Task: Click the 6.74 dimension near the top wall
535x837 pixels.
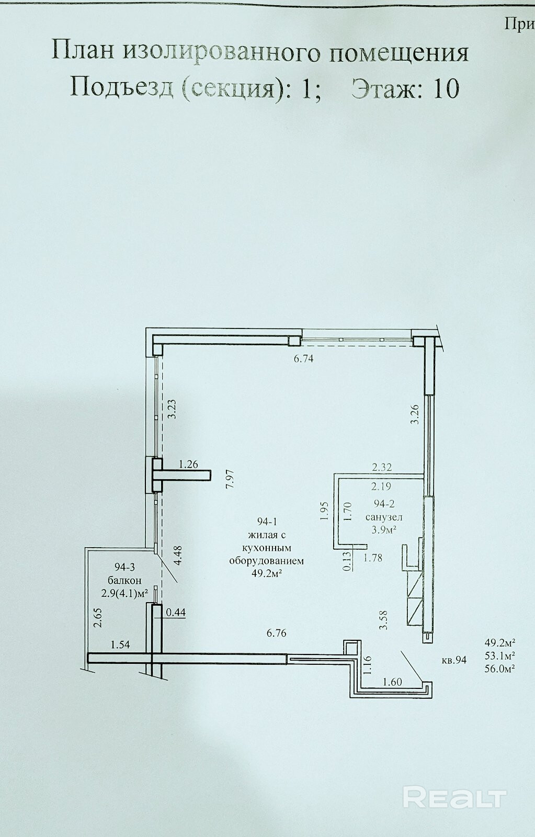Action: tap(303, 359)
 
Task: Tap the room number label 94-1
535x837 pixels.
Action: tap(267, 522)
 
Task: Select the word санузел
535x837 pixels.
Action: tap(384, 517)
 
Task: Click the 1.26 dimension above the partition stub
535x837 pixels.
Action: tap(188, 465)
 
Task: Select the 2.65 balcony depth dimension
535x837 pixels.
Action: tap(98, 628)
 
